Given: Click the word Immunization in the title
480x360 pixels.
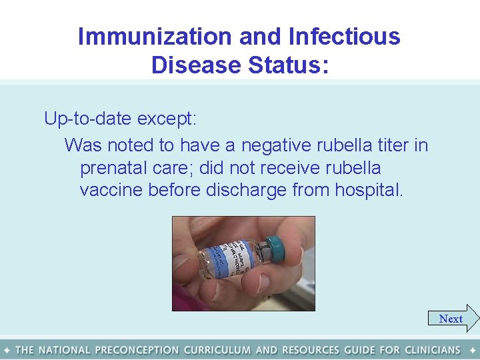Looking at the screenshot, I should pos(155,36).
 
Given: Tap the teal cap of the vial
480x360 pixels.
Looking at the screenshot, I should pos(274,249).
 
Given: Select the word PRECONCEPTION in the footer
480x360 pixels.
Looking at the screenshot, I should pos(137,350).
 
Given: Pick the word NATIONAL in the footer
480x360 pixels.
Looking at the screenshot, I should pos(65,350).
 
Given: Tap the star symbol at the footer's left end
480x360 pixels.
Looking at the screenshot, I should pos(6,350).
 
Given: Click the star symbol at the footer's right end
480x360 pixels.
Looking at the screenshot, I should pos(473,350).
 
